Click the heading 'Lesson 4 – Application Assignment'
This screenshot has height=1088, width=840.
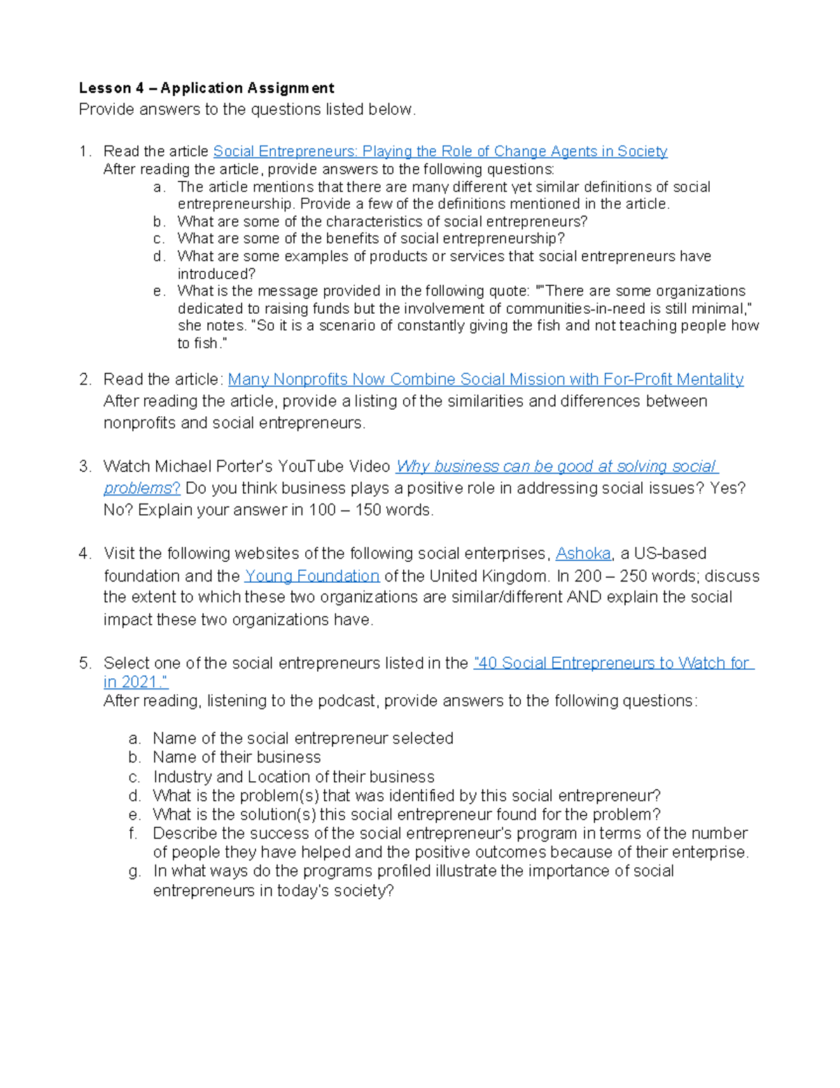[x=206, y=88]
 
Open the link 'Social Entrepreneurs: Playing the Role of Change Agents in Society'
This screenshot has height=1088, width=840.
[x=440, y=151]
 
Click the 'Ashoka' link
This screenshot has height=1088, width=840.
[x=583, y=553]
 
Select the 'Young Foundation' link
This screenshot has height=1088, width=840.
[x=311, y=576]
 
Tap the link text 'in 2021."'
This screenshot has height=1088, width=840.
[x=135, y=682]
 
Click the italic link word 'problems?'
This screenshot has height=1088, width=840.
[x=141, y=488]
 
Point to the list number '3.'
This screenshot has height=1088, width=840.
[x=85, y=467]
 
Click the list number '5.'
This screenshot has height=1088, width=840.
[x=85, y=663]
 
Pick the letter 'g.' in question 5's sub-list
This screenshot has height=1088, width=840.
[x=135, y=872]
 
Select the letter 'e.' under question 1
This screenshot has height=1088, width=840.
[x=159, y=291]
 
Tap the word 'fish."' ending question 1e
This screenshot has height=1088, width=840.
[x=211, y=343]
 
